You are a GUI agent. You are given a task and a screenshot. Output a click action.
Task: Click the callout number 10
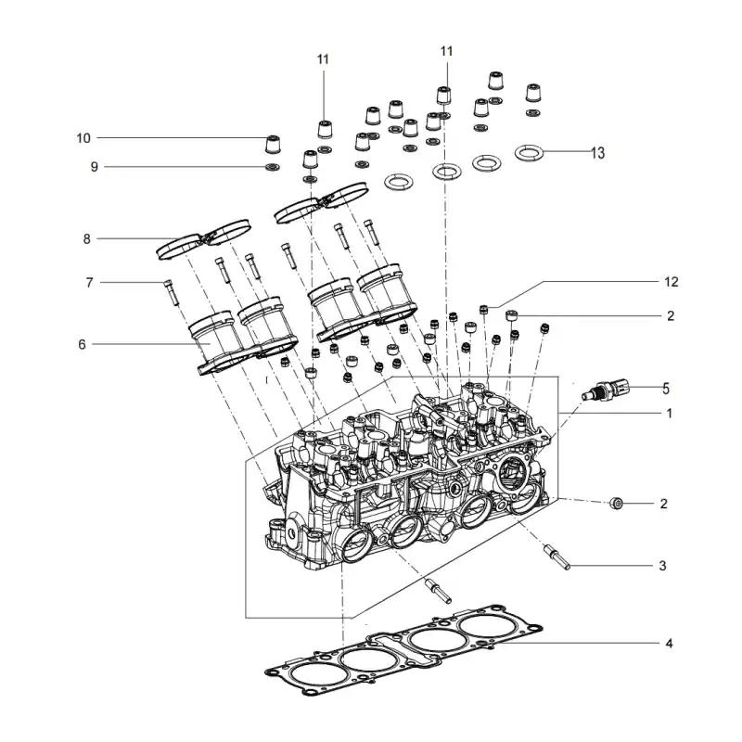(83, 138)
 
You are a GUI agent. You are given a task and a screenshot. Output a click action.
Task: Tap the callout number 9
(95, 167)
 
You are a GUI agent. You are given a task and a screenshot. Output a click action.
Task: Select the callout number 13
(597, 153)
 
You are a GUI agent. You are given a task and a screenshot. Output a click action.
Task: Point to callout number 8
(86, 239)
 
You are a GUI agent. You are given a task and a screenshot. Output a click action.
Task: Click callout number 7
(89, 283)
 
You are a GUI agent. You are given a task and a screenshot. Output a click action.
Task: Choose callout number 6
(83, 344)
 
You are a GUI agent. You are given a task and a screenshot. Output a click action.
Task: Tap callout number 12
(671, 282)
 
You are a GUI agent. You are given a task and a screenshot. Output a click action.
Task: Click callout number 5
(666, 389)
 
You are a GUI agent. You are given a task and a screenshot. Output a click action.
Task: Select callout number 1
(669, 414)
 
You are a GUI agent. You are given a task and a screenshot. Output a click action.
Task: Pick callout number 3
(662, 566)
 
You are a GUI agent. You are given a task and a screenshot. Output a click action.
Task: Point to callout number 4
(669, 644)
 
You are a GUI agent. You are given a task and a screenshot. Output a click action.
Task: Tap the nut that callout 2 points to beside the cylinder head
(616, 504)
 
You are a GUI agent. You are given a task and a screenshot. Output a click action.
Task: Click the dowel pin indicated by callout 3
(558, 557)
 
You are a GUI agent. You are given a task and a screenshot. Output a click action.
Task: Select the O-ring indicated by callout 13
(529, 152)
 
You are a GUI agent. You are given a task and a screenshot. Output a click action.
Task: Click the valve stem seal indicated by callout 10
(273, 145)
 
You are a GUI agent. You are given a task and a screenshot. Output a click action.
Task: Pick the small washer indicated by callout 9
(272, 167)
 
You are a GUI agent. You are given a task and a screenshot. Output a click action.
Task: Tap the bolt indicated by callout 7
(171, 292)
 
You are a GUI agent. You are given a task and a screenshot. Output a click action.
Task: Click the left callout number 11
(323, 59)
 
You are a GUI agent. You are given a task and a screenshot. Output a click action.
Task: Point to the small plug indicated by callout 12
(484, 310)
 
